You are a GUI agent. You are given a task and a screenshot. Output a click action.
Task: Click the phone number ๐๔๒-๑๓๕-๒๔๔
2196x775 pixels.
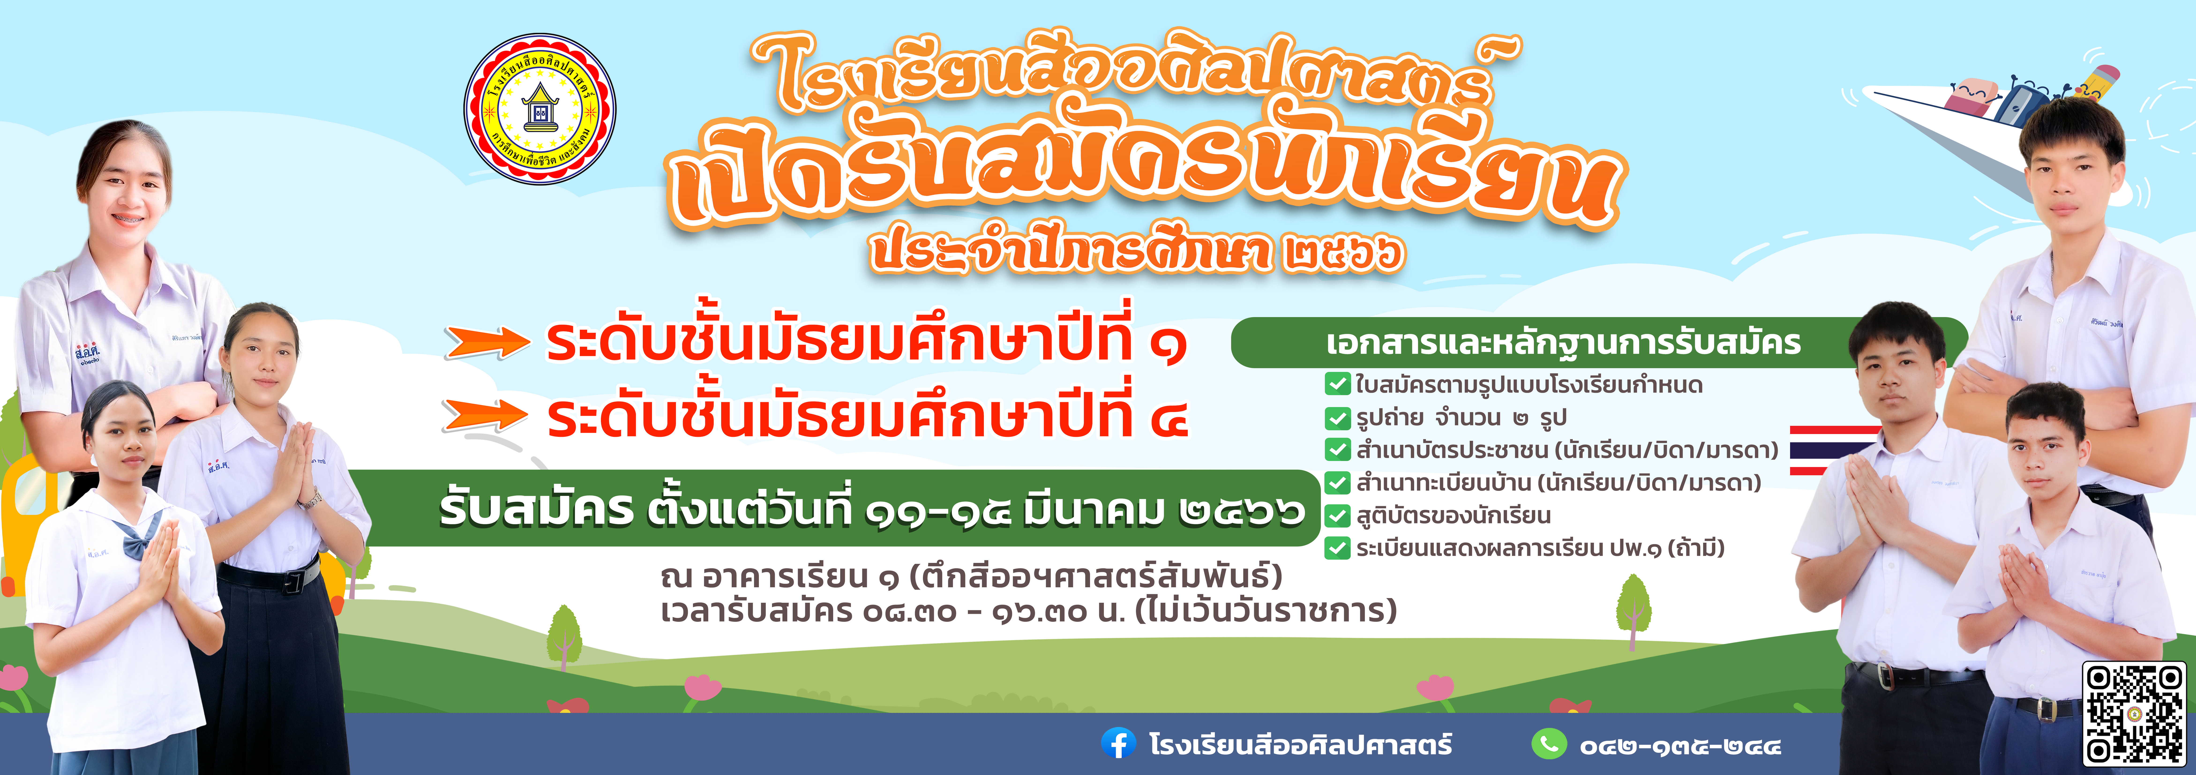point(1679,746)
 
